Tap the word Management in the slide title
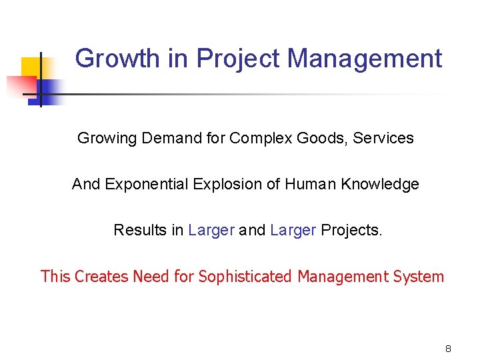(365, 59)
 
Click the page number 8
(448, 349)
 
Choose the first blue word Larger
(211, 230)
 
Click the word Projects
(351, 230)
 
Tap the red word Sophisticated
(245, 276)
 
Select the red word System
(419, 276)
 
